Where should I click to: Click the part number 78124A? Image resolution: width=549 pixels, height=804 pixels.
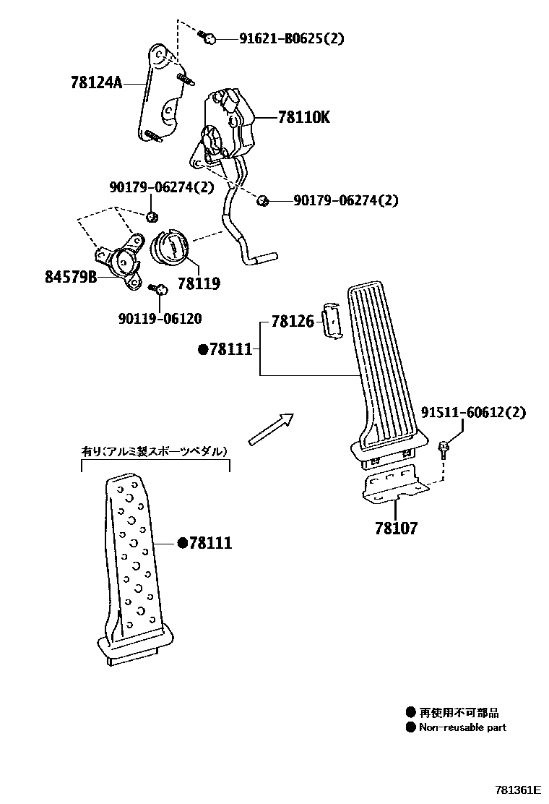pyautogui.click(x=96, y=82)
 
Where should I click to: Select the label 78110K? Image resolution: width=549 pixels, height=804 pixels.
pyautogui.click(x=303, y=117)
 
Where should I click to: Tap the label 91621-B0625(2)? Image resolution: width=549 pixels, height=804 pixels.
pyautogui.click(x=291, y=39)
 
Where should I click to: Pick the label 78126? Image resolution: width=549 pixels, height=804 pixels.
pyautogui.click(x=293, y=322)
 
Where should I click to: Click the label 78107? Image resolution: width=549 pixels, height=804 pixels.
pyautogui.click(x=396, y=529)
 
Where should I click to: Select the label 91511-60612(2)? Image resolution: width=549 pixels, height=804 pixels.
pyautogui.click(x=475, y=413)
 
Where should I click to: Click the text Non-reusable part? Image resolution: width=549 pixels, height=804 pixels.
pyautogui.click(x=462, y=727)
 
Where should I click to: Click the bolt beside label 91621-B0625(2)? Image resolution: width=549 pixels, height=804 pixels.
pyautogui.click(x=208, y=38)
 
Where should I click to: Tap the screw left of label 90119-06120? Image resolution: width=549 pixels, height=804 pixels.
pyautogui.click(x=160, y=289)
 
